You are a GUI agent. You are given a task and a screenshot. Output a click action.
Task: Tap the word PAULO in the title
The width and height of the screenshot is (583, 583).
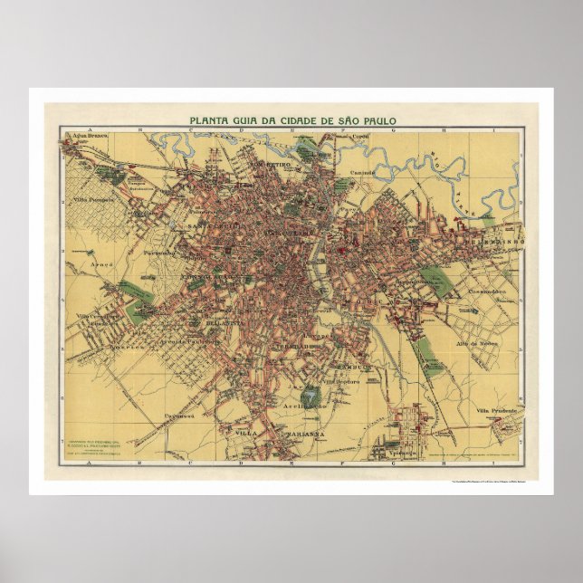[x=378, y=119]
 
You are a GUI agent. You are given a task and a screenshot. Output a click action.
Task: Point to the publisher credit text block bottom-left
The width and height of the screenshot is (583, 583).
[x=93, y=445]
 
